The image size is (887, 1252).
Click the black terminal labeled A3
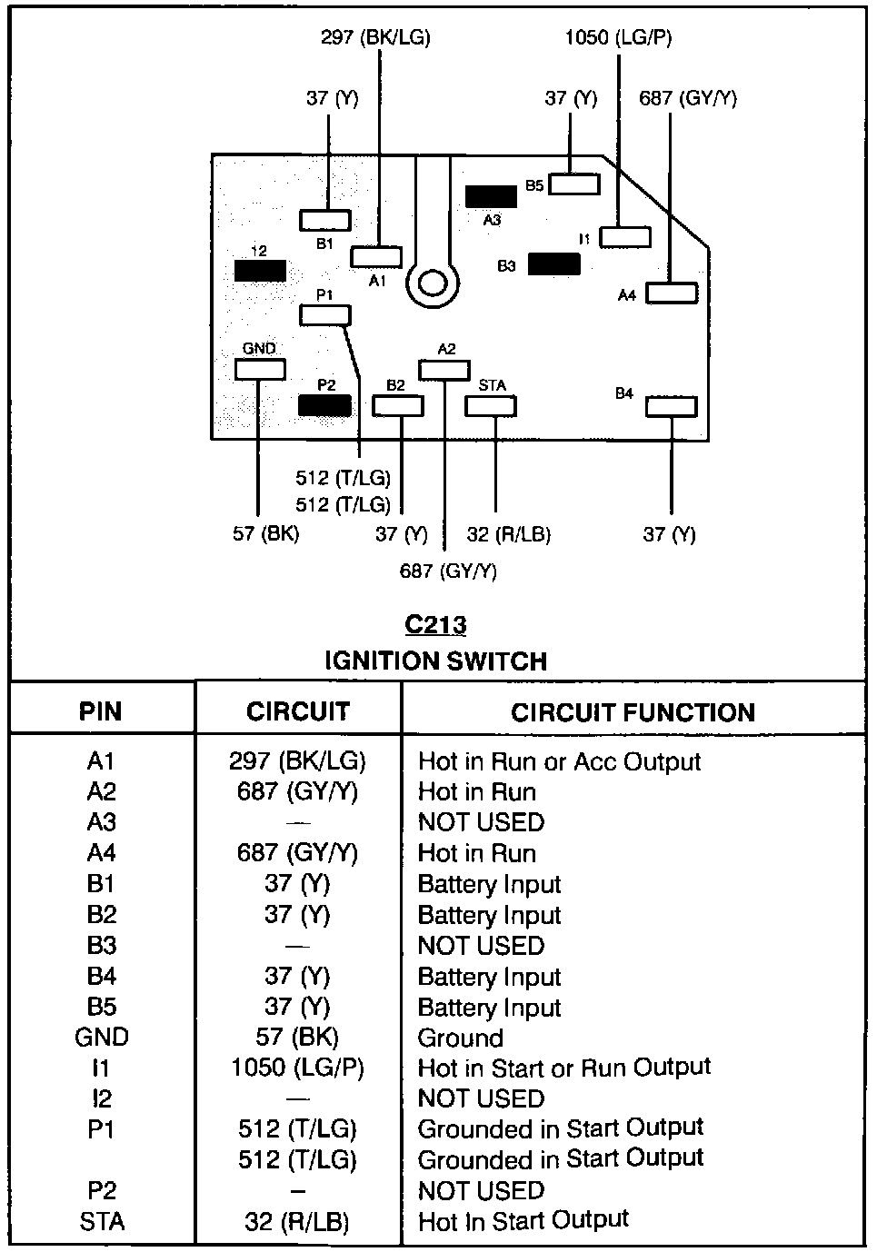(491, 196)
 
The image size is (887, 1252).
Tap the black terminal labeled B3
(553, 264)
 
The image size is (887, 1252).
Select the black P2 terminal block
(324, 405)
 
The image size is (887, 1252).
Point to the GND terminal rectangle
(260, 369)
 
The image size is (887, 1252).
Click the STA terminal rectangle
(491, 405)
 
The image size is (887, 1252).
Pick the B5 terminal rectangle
(574, 184)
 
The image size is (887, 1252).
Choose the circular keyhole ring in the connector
(433, 284)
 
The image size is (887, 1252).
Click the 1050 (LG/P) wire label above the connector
(618, 37)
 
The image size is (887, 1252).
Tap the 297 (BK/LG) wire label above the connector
(375, 37)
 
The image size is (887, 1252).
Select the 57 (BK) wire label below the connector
(265, 533)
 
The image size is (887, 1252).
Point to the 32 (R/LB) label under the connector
(509, 534)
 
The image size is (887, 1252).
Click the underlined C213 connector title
(435, 625)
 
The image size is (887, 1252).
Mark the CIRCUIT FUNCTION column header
(633, 712)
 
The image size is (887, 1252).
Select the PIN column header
(100, 711)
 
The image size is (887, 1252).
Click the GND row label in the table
(102, 1038)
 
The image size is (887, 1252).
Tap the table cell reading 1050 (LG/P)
(297, 1068)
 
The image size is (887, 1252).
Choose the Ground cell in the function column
(460, 1038)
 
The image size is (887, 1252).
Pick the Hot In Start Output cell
(523, 1221)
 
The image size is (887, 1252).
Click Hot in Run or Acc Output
(559, 761)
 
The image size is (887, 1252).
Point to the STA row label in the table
(102, 1222)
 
